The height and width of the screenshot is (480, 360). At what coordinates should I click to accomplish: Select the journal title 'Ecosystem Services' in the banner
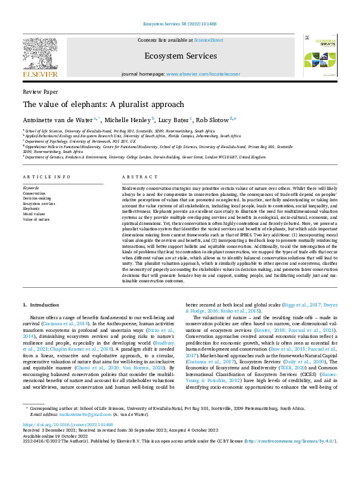pos(180,55)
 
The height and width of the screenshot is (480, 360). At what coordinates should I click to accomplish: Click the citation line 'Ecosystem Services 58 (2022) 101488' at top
pos(180,23)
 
